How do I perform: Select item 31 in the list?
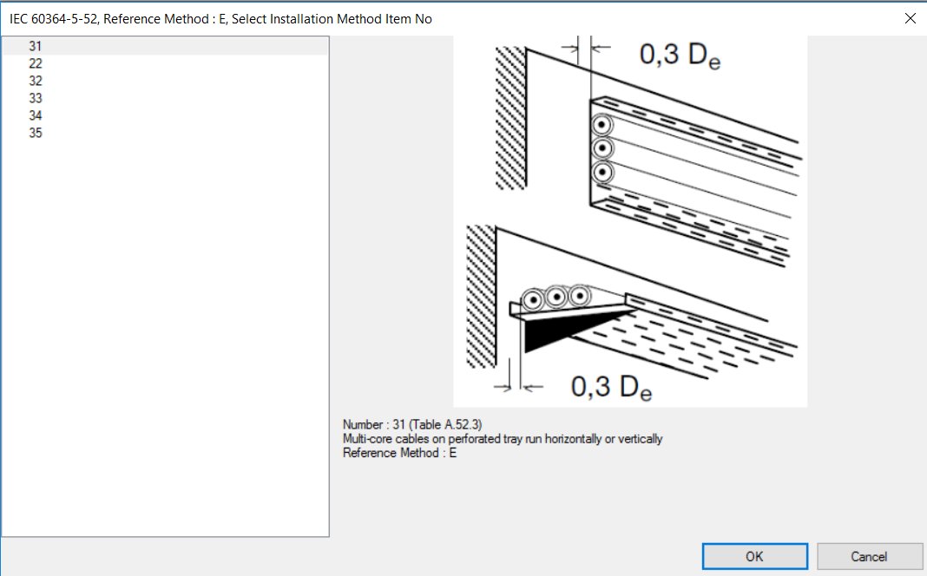pos(36,46)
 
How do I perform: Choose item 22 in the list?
pos(36,63)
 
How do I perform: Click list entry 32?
pos(36,81)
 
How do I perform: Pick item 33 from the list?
pos(36,98)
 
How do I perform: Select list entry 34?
pos(36,115)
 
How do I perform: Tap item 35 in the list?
pos(36,133)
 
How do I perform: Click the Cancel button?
pos(869,556)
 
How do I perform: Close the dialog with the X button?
pos(911,18)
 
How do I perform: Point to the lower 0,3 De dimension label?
pos(610,388)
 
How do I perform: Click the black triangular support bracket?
pos(556,331)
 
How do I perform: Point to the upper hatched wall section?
pos(510,117)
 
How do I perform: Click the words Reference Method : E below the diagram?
pos(399,453)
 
